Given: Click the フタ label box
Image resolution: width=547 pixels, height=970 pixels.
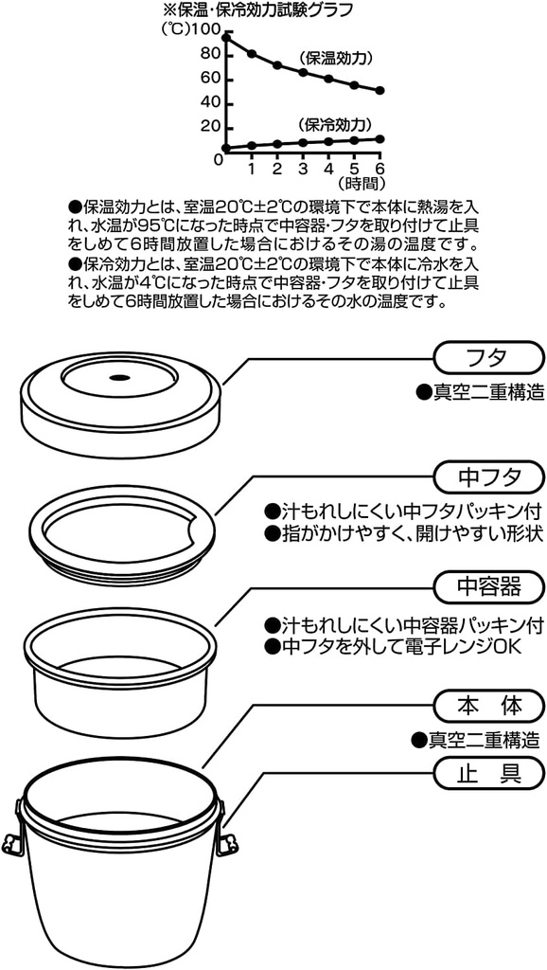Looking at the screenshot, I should click(488, 358).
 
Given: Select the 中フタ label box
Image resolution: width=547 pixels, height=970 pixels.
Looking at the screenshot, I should click(488, 473).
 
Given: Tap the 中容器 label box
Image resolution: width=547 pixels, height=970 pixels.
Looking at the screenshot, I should click(488, 587).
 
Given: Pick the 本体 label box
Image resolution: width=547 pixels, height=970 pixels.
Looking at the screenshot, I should click(488, 706).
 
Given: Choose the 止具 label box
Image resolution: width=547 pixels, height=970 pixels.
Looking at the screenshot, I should click(488, 774).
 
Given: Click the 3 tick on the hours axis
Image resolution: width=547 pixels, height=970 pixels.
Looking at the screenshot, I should click(303, 168).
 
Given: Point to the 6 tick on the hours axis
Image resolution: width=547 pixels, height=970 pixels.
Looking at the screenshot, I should click(379, 168).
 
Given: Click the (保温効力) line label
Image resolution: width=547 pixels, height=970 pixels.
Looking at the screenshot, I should click(333, 56).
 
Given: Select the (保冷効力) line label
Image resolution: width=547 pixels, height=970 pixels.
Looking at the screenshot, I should click(333, 124).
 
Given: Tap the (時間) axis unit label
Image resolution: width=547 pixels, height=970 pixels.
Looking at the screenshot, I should click(362, 183).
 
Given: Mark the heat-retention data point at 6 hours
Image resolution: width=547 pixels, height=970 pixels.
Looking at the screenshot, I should click(379, 91).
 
